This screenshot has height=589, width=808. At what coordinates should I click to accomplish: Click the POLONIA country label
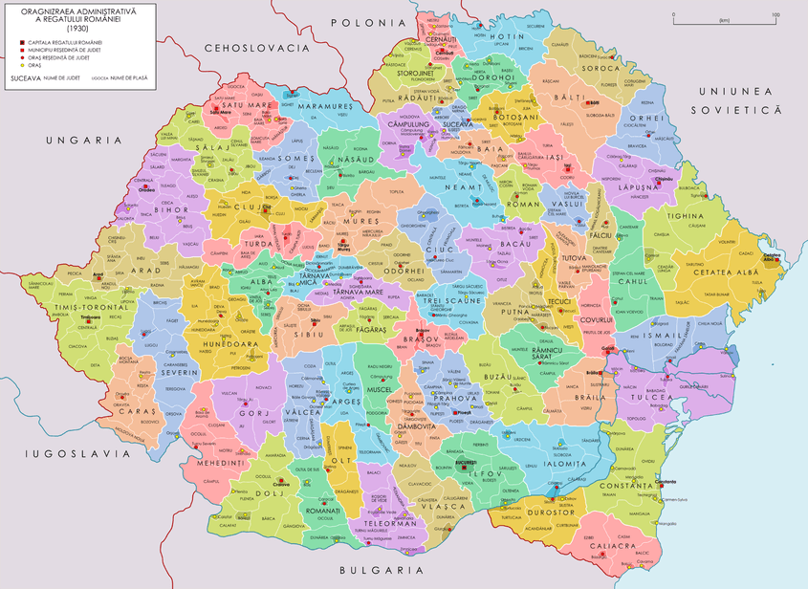click(361, 22)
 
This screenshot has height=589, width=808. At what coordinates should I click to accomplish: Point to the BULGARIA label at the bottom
click(379, 570)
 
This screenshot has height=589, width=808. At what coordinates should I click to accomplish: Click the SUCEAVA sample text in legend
click(26, 76)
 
